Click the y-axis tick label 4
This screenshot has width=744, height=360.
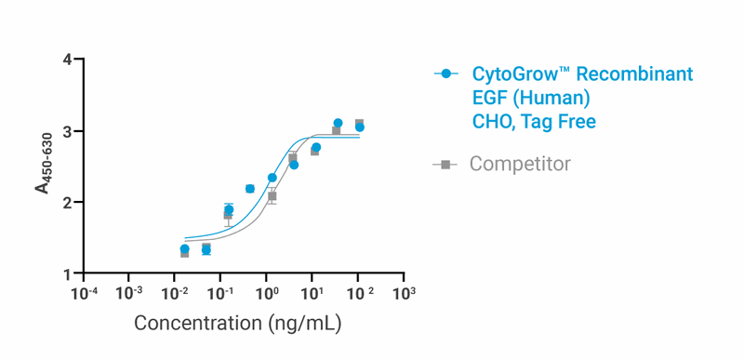(x=67, y=60)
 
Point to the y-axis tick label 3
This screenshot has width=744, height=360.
(x=67, y=131)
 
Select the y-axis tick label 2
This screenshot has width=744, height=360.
(x=67, y=203)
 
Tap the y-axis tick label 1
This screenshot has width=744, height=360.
(x=67, y=274)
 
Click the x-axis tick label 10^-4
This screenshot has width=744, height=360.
(x=84, y=295)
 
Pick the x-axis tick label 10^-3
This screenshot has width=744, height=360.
(x=129, y=295)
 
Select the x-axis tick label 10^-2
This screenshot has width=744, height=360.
(x=175, y=295)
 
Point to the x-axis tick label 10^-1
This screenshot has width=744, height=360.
(x=220, y=295)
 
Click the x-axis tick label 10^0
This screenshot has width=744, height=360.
(x=266, y=295)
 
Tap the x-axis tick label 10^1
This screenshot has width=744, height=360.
(x=312, y=295)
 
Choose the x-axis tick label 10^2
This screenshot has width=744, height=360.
(x=358, y=295)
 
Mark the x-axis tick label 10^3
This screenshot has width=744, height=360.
(x=403, y=295)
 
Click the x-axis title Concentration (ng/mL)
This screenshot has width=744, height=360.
(x=238, y=324)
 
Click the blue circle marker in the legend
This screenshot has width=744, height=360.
(x=446, y=73)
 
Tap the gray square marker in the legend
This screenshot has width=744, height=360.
(x=446, y=165)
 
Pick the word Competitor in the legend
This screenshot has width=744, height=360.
(x=520, y=165)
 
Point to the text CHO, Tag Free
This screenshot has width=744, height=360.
(x=534, y=121)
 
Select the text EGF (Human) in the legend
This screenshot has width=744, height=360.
(x=531, y=97)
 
